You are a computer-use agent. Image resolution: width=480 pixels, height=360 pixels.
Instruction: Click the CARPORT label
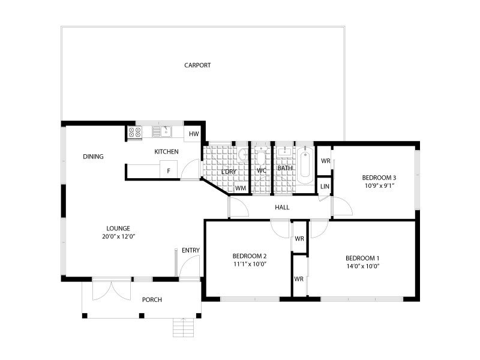point(197,65)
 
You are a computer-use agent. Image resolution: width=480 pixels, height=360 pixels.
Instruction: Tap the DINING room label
point(93,157)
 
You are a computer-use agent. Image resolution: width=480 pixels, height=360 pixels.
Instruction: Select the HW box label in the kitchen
point(193,133)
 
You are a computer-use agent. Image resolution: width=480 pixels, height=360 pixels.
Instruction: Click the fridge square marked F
point(169,170)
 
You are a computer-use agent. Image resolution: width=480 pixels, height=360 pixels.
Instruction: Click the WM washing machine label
point(241,188)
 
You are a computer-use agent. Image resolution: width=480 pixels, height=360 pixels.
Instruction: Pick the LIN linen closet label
point(325,187)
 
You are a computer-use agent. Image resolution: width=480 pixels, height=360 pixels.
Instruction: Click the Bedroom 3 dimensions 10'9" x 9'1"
point(379,186)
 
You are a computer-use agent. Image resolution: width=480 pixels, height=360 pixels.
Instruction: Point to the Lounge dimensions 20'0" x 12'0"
point(118,236)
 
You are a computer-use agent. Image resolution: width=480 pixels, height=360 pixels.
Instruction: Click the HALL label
point(282,208)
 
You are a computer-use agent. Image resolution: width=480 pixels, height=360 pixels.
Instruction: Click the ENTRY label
point(191,250)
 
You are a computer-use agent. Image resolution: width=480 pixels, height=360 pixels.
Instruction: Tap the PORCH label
point(152,299)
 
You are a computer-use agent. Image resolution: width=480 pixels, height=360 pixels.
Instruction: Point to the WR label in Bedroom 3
point(325,161)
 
